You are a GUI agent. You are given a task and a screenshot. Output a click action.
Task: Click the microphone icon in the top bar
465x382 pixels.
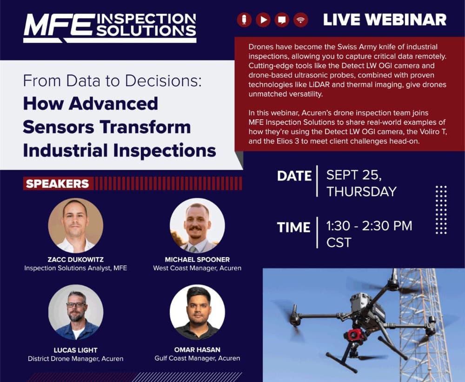244,20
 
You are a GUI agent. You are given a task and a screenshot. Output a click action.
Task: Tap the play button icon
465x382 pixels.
263,20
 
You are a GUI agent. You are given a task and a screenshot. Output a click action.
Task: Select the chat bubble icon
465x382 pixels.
282,20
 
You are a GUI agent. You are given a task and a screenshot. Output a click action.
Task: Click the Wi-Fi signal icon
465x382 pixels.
301,20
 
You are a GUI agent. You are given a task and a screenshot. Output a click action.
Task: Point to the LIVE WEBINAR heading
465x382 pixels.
385,20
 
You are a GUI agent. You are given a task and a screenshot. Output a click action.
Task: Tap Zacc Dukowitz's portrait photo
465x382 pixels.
76,225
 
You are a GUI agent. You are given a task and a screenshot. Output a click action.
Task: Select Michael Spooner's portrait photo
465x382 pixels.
197,225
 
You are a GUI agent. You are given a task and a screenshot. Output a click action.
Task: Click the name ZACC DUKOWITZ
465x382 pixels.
76,259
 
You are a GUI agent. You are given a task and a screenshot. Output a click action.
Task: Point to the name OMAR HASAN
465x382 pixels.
197,349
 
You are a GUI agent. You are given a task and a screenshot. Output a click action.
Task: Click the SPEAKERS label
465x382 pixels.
57,184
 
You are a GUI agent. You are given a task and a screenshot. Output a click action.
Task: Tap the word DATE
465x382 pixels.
294,176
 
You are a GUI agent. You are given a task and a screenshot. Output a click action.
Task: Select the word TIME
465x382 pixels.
293,227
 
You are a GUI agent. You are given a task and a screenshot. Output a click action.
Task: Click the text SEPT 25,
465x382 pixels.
354,175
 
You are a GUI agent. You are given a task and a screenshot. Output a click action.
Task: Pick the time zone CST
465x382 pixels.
339,243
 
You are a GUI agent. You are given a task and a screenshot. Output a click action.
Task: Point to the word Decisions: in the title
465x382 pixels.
170,81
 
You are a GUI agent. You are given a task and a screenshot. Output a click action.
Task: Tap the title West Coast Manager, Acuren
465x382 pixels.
197,268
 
